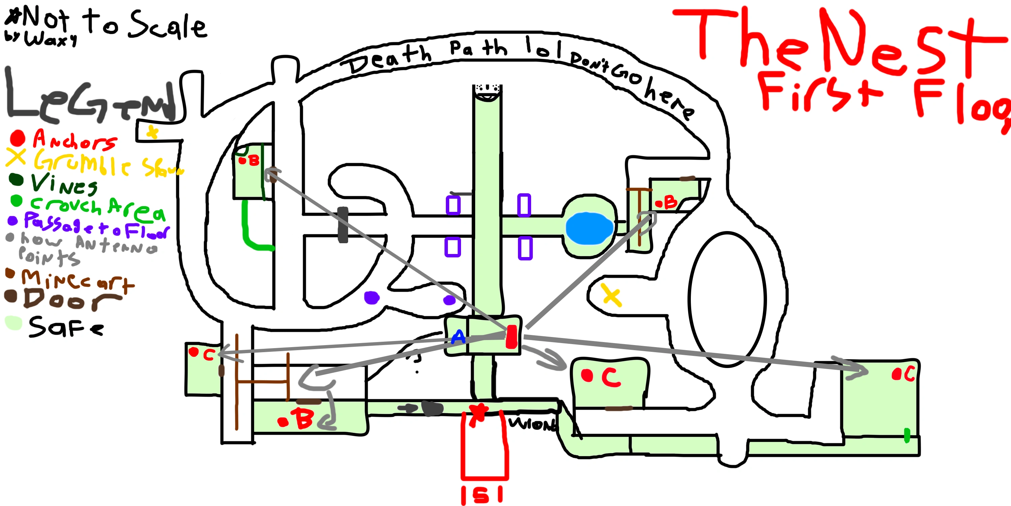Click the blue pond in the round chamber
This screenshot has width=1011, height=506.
coord(589,228)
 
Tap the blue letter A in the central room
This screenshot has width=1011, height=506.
coord(458,337)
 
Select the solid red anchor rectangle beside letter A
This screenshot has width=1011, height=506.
coord(511,337)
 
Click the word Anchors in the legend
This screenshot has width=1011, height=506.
coord(74,140)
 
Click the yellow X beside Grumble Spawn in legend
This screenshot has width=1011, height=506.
coord(16,157)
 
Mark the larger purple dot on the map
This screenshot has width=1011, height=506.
coord(371,298)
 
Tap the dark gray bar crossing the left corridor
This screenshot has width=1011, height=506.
coord(343,225)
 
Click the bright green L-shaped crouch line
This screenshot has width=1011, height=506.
coord(251,232)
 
